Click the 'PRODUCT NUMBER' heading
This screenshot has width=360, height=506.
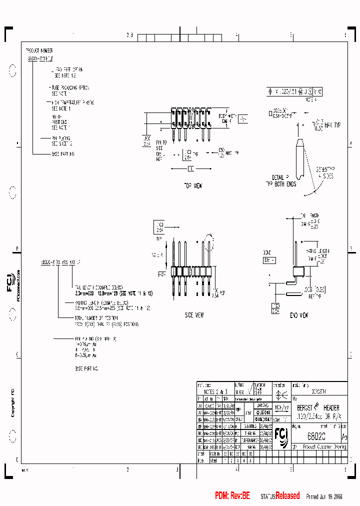tap(39, 50)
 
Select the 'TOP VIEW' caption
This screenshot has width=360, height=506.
tap(192, 185)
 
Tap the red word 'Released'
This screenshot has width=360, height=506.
tap(287, 495)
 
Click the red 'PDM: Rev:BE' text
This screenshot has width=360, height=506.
tap(232, 495)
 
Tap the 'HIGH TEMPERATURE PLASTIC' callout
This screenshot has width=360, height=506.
tap(72, 102)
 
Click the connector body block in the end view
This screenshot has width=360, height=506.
tap(298, 271)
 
